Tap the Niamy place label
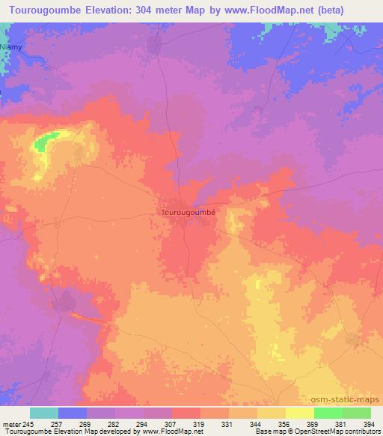coord(11,46)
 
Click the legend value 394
coord(369,424)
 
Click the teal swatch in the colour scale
coord(44,413)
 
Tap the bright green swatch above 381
coord(328,413)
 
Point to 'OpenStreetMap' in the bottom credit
coord(308,432)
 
